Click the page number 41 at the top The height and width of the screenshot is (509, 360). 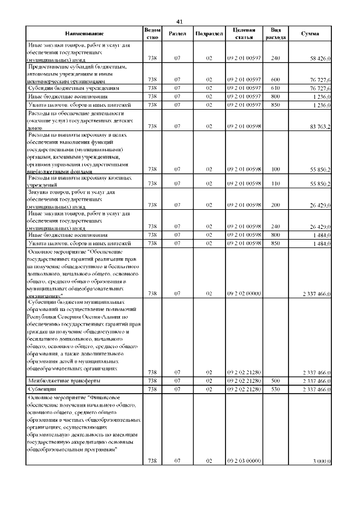click(179, 21)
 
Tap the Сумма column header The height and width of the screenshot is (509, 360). click(310, 34)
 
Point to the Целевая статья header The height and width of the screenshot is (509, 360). click(244, 34)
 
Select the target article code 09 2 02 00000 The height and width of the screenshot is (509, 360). click(244, 294)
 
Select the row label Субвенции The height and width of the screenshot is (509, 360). click(43, 389)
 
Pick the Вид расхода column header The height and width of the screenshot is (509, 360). click(276, 34)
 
